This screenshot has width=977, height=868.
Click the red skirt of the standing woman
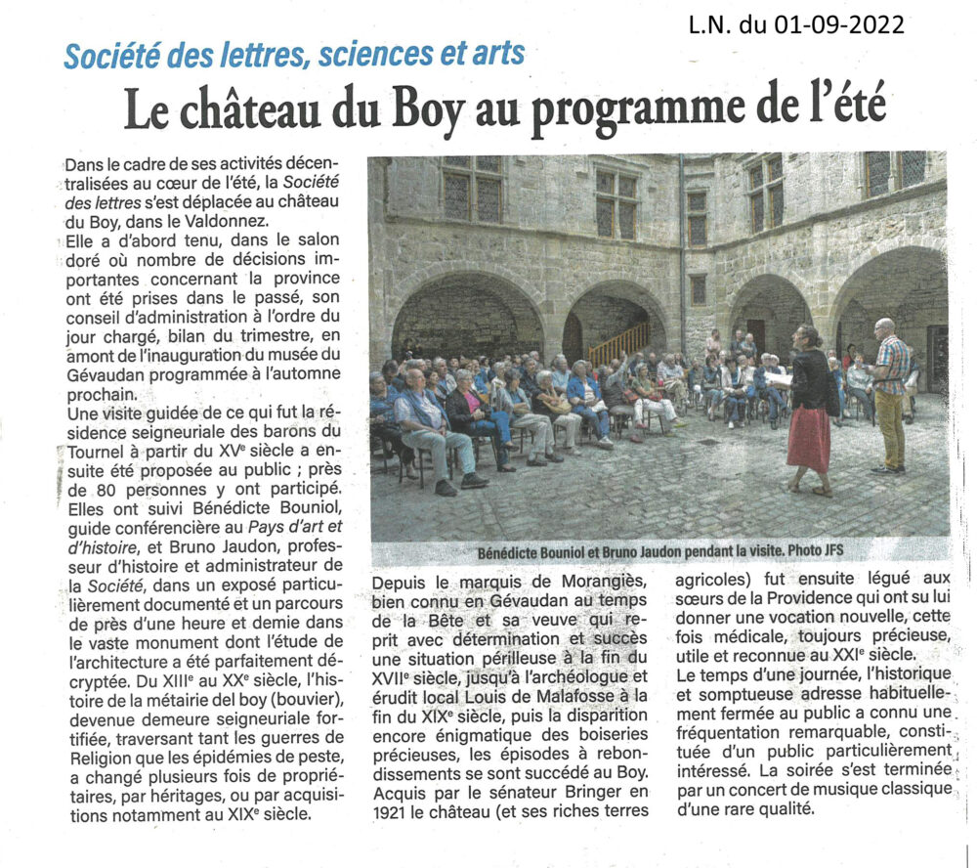pos(809,441)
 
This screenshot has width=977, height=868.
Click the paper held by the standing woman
pos(779,377)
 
